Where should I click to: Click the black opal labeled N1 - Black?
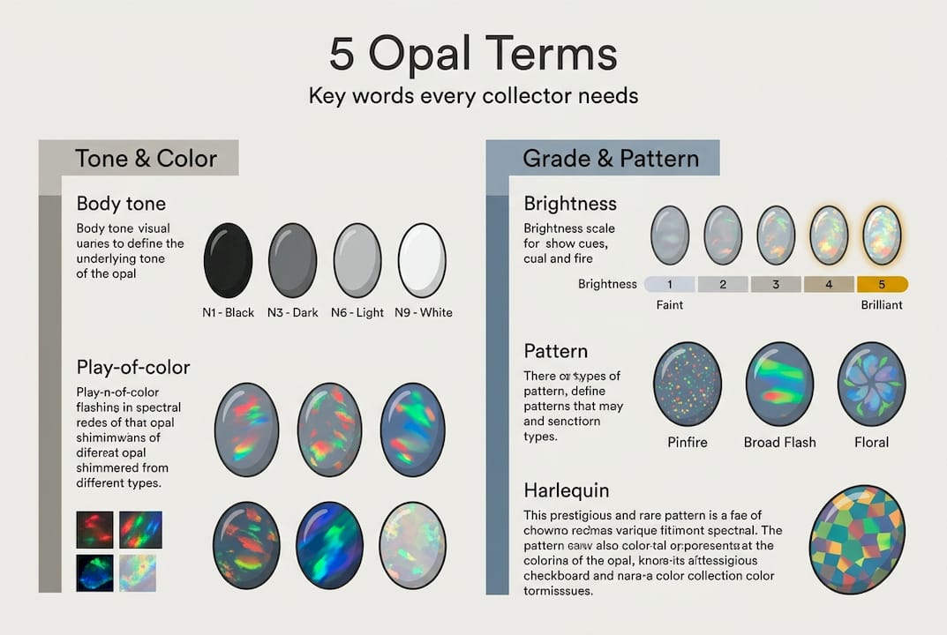[x=228, y=260]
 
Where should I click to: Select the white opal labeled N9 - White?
[x=422, y=260]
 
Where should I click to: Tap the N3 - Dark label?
[x=292, y=312]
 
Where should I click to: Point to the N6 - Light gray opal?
[x=357, y=260]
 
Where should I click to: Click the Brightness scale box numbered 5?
[x=882, y=284]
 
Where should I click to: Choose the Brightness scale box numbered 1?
[x=670, y=284]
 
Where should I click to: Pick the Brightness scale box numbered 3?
[x=776, y=284]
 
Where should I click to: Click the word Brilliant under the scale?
[x=881, y=305]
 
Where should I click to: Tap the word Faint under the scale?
[x=670, y=305]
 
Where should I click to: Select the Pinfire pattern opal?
[x=688, y=385]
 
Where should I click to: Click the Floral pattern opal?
[x=871, y=385]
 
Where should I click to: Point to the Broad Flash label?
[x=779, y=442]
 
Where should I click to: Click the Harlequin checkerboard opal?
[x=857, y=539]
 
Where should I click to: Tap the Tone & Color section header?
[x=146, y=159]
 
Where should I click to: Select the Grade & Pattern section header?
[x=611, y=159]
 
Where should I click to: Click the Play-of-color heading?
[x=133, y=367]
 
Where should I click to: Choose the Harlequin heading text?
[x=566, y=490]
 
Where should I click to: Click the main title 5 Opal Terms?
[x=473, y=55]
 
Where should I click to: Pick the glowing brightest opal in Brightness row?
[x=882, y=235]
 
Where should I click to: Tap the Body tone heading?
[x=121, y=204]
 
